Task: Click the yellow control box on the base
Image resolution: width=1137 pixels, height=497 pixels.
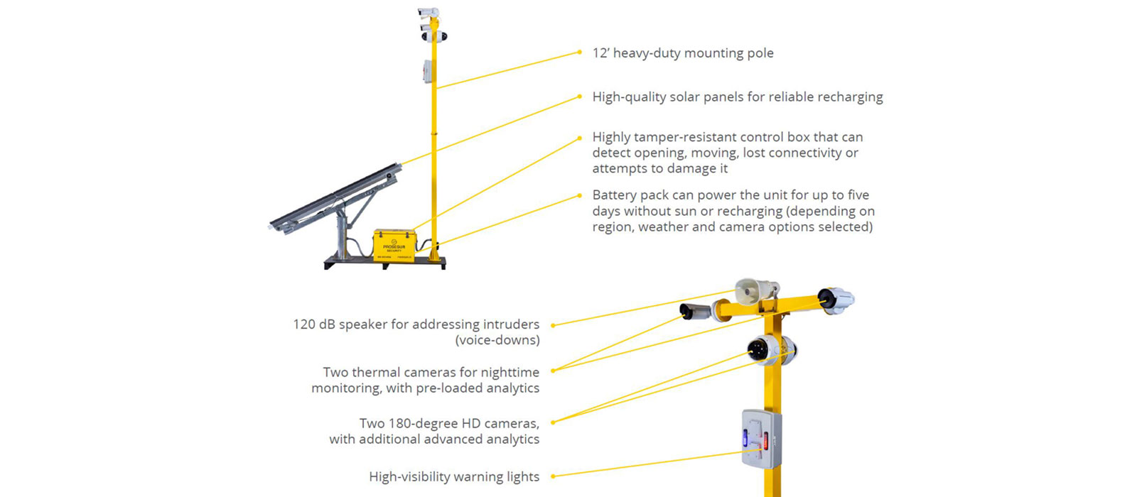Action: (x=394, y=246)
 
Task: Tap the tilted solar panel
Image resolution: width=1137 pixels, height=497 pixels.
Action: (x=335, y=198)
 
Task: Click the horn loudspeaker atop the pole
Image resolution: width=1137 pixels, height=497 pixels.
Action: (x=756, y=292)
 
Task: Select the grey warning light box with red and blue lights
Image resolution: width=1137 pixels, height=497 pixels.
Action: (x=761, y=439)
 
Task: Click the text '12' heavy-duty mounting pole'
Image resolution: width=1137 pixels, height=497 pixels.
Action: (x=683, y=53)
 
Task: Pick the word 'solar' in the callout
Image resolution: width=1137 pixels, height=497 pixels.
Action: (x=685, y=97)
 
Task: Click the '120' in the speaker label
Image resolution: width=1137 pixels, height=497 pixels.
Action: (x=303, y=324)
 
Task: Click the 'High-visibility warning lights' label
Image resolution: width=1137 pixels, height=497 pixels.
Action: (x=454, y=476)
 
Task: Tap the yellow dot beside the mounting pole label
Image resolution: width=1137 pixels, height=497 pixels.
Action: (x=580, y=53)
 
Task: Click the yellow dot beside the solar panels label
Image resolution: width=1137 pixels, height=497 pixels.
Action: (x=580, y=97)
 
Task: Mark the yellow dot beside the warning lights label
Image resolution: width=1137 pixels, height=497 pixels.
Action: (x=553, y=476)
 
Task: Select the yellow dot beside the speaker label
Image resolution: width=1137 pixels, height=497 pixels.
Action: (x=553, y=325)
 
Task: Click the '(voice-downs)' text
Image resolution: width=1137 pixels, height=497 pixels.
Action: (x=497, y=340)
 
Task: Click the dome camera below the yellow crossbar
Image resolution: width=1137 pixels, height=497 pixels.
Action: (x=771, y=349)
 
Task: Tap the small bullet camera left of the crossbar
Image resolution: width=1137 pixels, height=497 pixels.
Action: (x=695, y=311)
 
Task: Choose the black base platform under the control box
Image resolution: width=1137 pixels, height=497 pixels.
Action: (x=384, y=263)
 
